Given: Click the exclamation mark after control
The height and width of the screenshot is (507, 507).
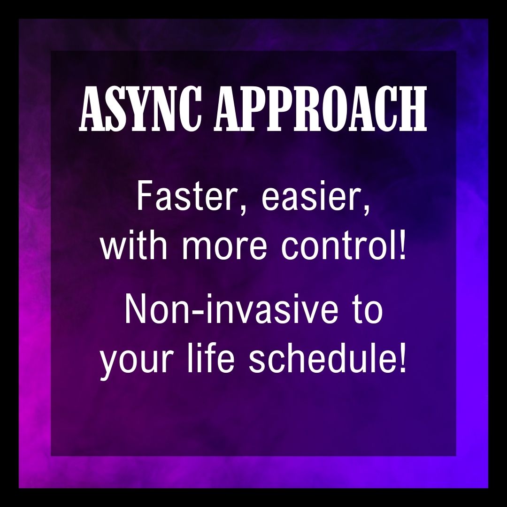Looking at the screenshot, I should pos(401,247).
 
